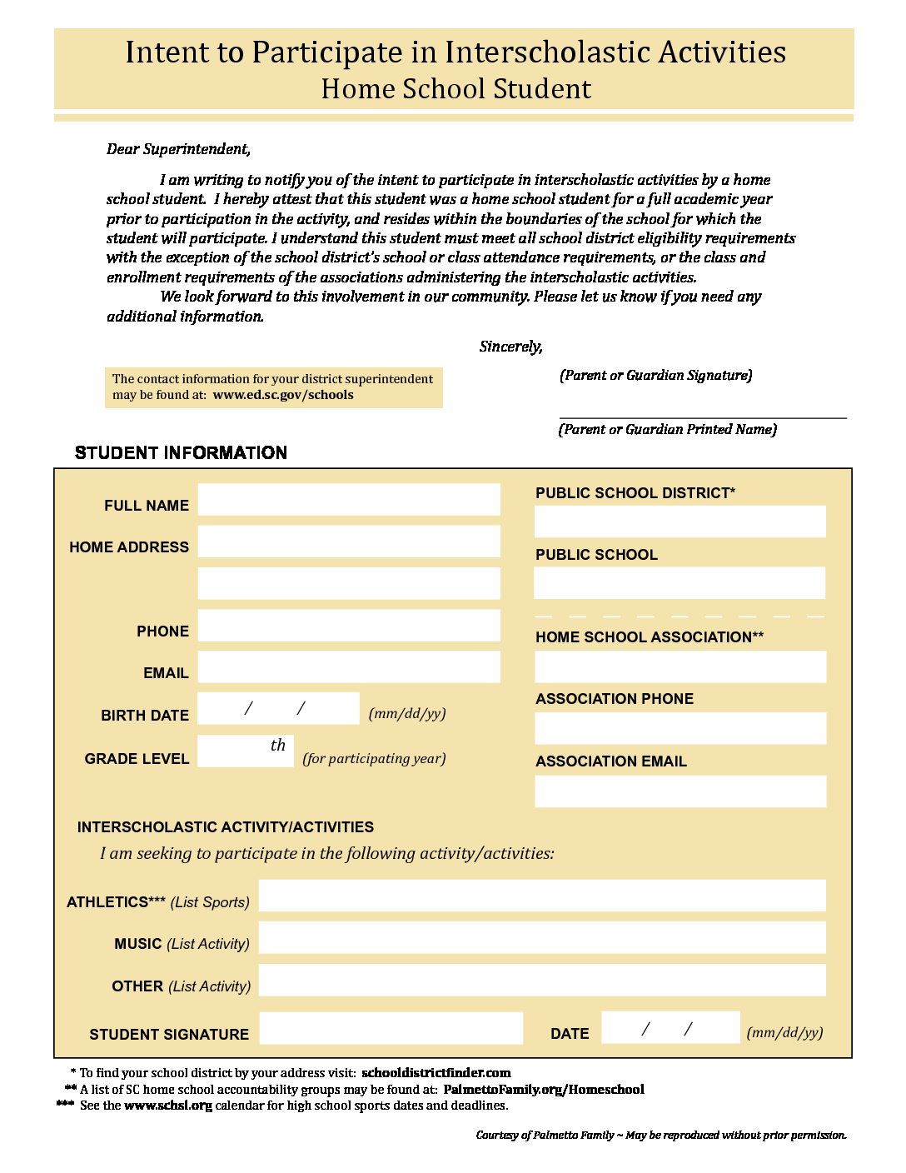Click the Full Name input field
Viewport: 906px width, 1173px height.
pyautogui.click(x=349, y=500)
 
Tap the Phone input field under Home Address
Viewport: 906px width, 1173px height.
pyautogui.click(x=349, y=626)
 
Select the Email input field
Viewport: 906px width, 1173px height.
pyautogui.click(x=349, y=667)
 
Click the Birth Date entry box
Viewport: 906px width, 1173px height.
pyautogui.click(x=278, y=709)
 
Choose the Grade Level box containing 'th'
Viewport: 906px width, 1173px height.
pyautogui.click(x=246, y=751)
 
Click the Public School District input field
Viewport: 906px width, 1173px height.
pyautogui.click(x=679, y=522)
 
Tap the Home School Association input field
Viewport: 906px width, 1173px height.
pyautogui.click(x=679, y=667)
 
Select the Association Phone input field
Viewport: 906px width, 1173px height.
pyautogui.click(x=679, y=729)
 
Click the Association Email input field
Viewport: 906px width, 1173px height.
pyautogui.click(x=679, y=792)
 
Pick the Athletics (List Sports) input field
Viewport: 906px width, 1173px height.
pyautogui.click(x=542, y=896)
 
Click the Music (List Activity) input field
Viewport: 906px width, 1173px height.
pyautogui.click(x=542, y=938)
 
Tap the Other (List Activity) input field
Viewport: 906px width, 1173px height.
pyautogui.click(x=542, y=981)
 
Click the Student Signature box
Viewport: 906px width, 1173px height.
pyautogui.click(x=391, y=1028)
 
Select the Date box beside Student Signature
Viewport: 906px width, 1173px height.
pyautogui.click(x=670, y=1028)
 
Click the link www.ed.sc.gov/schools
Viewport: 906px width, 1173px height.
pyautogui.click(x=283, y=395)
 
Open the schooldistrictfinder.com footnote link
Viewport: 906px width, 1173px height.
pyautogui.click(x=436, y=1073)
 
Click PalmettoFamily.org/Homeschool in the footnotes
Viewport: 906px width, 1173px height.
pyautogui.click(x=544, y=1090)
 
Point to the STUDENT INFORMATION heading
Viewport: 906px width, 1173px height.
pyautogui.click(x=181, y=453)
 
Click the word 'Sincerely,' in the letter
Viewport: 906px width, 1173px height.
pyautogui.click(x=510, y=347)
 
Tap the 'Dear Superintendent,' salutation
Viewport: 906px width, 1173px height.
pyautogui.click(x=178, y=150)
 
